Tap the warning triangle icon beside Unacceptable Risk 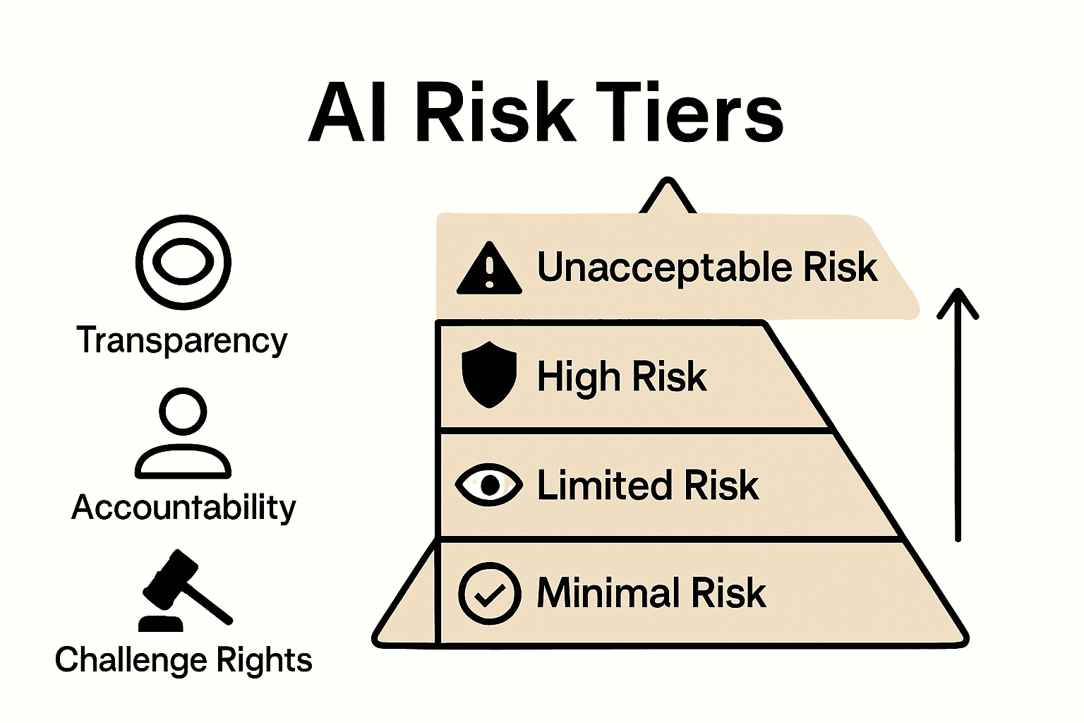tap(489, 269)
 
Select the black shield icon tap(488, 374)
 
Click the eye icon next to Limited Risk tap(488, 484)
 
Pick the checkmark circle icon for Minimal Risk tap(489, 593)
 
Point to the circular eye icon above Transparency tap(183, 262)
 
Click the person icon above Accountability tap(183, 432)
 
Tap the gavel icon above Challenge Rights tap(182, 590)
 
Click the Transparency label tap(182, 340)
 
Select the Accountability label tap(183, 507)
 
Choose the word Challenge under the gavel tap(131, 660)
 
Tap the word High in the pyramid tap(578, 376)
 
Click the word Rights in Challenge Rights tap(264, 660)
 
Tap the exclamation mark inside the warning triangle tap(489, 273)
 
